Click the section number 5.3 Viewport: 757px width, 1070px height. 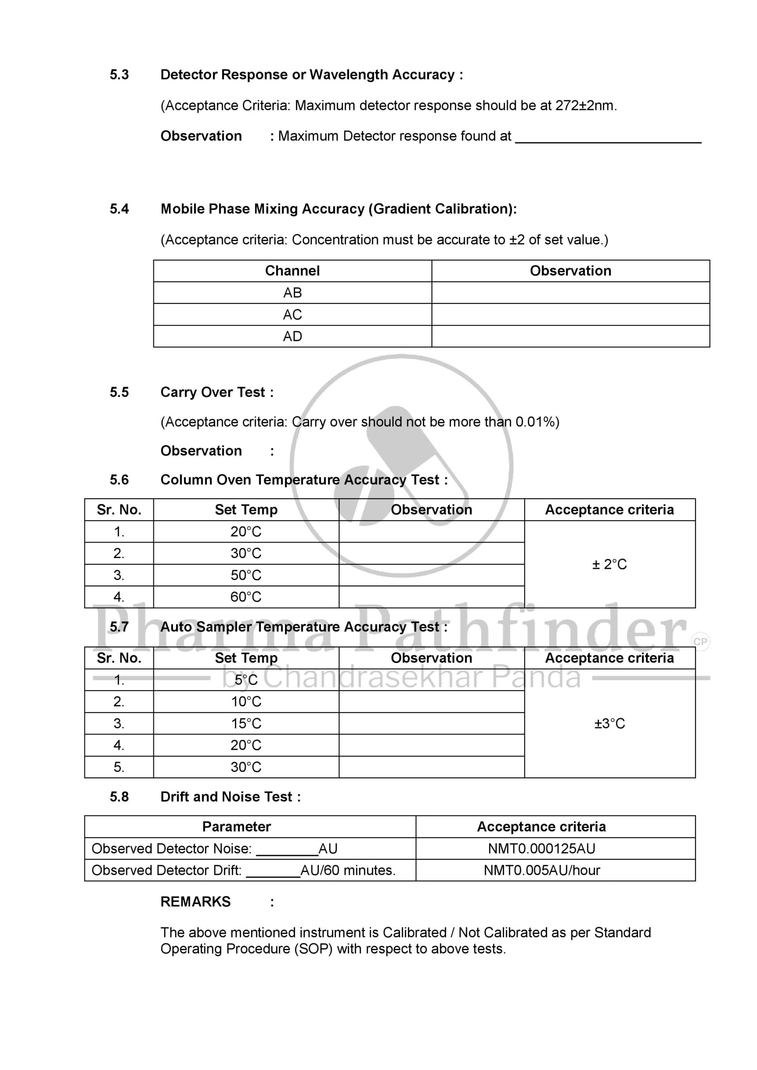tap(119, 74)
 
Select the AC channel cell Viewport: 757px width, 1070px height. tap(292, 315)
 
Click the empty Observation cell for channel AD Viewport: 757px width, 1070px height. tap(570, 336)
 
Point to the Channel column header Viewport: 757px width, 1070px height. tap(292, 271)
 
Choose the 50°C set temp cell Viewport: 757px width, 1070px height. tap(246, 575)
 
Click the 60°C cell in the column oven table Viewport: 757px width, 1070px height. tap(246, 597)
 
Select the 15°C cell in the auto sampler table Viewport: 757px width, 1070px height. tap(246, 724)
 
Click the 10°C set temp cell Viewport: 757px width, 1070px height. tap(246, 702)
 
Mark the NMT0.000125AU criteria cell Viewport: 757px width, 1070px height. tap(542, 848)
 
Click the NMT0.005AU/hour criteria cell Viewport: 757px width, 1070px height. tap(542, 870)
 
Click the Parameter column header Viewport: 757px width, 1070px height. tap(236, 827)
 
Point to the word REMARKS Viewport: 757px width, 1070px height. tap(195, 902)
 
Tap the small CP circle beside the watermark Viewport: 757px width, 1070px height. tap(700, 642)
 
